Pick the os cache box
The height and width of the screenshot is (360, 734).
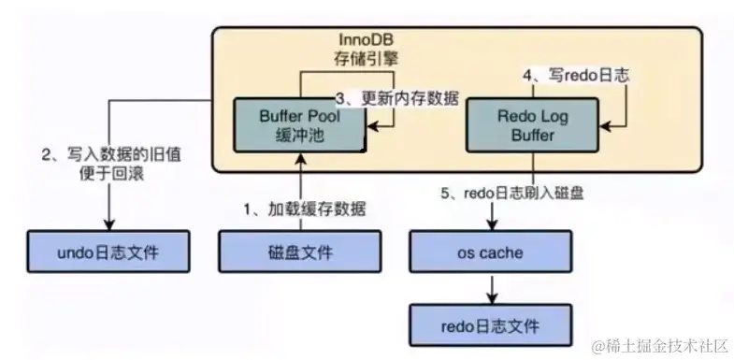click(x=491, y=252)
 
